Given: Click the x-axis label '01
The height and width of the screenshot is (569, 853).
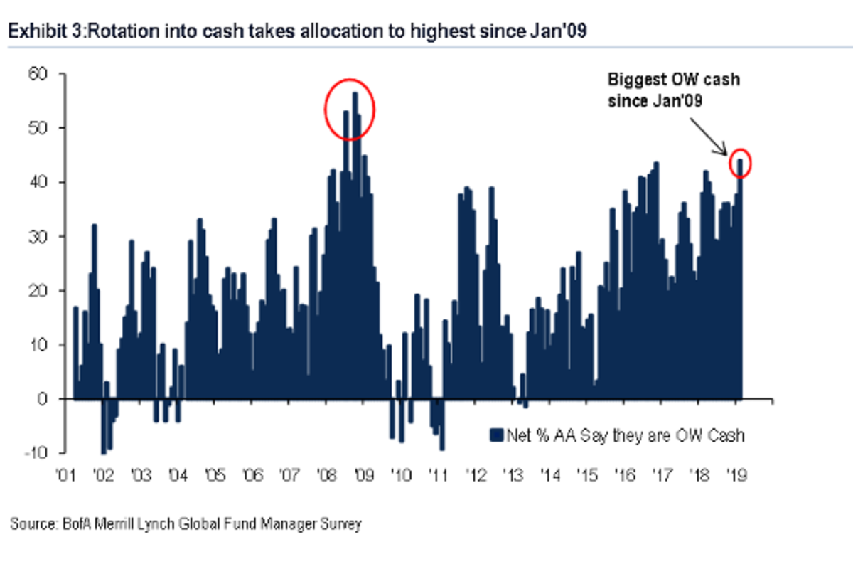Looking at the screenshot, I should [x=66, y=475].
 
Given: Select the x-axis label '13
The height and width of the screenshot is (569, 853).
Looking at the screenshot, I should [x=512, y=475].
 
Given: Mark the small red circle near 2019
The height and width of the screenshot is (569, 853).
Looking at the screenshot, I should [x=740, y=162].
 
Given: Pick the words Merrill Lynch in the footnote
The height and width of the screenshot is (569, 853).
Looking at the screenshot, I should [x=122, y=525].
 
